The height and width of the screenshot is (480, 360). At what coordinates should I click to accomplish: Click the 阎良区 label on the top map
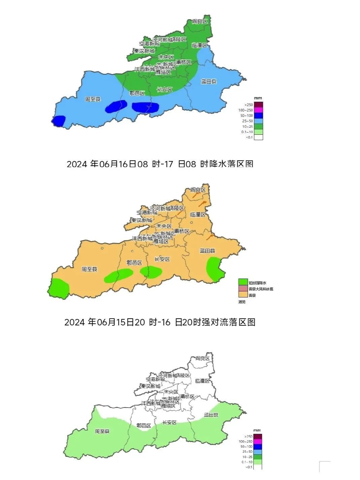pyautogui.click(x=199, y=22)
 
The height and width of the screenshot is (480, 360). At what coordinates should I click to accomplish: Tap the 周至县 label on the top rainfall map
pyautogui.click(x=93, y=99)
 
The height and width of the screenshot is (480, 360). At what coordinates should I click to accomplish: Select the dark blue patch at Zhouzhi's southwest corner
pyautogui.click(x=59, y=121)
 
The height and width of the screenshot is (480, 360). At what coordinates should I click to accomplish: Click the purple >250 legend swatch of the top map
pyautogui.click(x=258, y=105)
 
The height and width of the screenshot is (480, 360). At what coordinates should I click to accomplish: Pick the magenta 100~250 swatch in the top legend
pyautogui.click(x=258, y=110)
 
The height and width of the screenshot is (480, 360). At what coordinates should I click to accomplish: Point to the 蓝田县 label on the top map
pyautogui.click(x=209, y=82)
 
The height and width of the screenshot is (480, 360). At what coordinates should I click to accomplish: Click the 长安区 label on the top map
pyautogui.click(x=165, y=90)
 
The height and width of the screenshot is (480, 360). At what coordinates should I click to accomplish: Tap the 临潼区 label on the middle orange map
pyautogui.click(x=198, y=215)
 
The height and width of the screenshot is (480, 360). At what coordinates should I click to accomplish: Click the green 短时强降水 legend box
pyautogui.click(x=243, y=282)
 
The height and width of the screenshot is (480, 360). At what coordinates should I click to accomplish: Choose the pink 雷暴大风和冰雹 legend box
pyautogui.click(x=243, y=289)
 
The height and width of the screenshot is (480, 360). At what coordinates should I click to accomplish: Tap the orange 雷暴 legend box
pyautogui.click(x=243, y=295)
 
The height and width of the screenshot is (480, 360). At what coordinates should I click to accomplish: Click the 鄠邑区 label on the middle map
pyautogui.click(x=134, y=263)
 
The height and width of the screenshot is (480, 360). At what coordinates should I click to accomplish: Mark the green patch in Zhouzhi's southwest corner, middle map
pyautogui.click(x=59, y=288)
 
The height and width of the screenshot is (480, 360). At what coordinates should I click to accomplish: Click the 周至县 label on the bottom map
pyautogui.click(x=102, y=431)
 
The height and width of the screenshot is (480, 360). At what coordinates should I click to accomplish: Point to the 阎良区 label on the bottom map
pyautogui.click(x=203, y=358)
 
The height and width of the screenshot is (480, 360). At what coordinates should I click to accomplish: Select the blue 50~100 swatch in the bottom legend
pyautogui.click(x=257, y=446)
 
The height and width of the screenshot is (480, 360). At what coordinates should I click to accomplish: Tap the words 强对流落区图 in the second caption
pyautogui.click(x=229, y=322)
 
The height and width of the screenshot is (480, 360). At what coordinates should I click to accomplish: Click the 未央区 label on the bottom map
pyautogui.click(x=171, y=392)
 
